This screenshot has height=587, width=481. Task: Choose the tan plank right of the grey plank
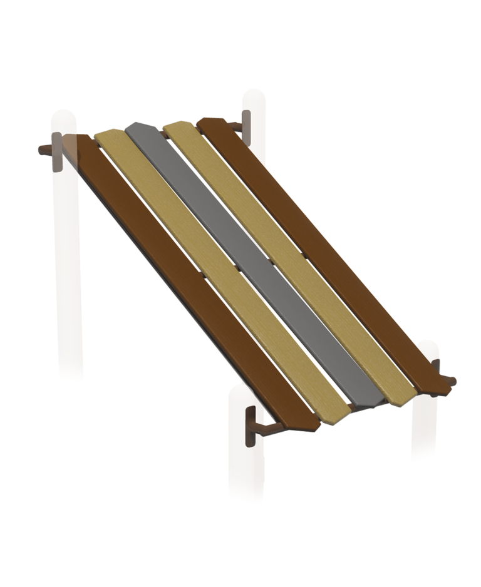(x=288, y=250)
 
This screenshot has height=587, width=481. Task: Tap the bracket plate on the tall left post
(x=57, y=151)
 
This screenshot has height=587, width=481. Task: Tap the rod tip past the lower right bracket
(x=452, y=380)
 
